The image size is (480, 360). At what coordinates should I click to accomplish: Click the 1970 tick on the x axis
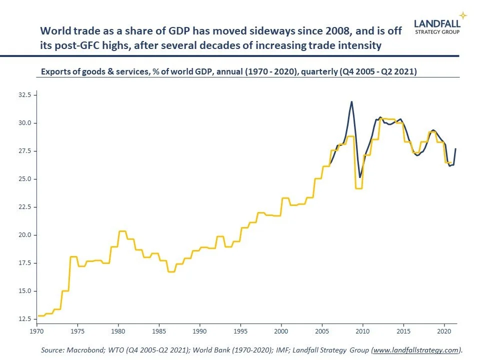click(x=36, y=331)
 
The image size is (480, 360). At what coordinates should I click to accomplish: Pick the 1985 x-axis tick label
click(x=159, y=331)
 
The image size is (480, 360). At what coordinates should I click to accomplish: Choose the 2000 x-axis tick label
click(x=281, y=331)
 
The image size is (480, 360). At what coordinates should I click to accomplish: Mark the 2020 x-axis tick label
click(x=444, y=331)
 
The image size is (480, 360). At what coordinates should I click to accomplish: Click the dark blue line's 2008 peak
click(x=351, y=101)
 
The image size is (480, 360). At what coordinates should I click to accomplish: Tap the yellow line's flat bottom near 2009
click(x=358, y=188)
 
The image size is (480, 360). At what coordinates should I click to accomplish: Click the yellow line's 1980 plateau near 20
click(x=122, y=231)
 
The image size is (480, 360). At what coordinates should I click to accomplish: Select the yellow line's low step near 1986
click(x=171, y=271)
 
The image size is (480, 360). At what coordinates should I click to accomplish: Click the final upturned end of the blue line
click(x=455, y=149)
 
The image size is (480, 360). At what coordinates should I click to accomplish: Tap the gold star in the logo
click(x=463, y=15)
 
